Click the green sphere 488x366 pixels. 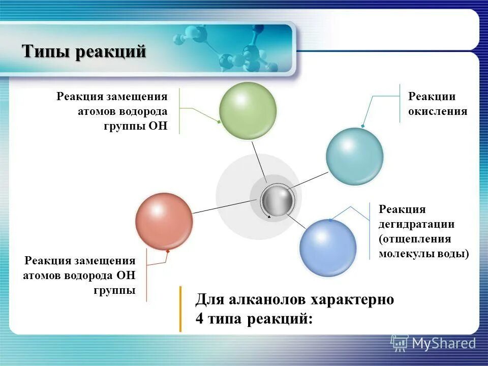point(248,110)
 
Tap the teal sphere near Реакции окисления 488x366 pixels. point(354,156)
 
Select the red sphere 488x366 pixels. point(164,221)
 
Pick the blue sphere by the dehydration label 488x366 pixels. point(328,248)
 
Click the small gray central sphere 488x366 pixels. point(277,201)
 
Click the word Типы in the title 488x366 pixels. point(46,52)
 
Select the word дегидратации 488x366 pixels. point(416,224)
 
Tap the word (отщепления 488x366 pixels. point(414,239)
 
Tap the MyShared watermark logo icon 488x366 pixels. point(399,343)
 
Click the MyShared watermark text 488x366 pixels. point(444,344)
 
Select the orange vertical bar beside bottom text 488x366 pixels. point(180,309)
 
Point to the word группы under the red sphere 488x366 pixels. point(114,290)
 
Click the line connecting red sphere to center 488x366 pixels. point(221,206)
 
